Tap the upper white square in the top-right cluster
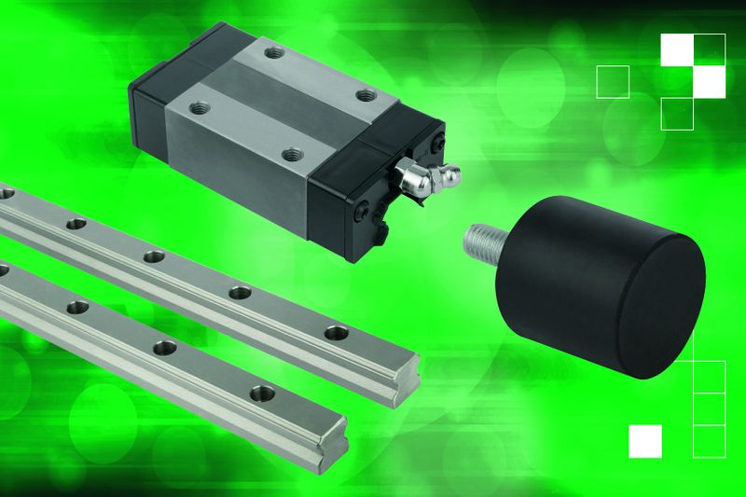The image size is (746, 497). click(677, 49)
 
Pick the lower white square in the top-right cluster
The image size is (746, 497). click(710, 81)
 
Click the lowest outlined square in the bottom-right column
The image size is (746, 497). click(710, 439)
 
